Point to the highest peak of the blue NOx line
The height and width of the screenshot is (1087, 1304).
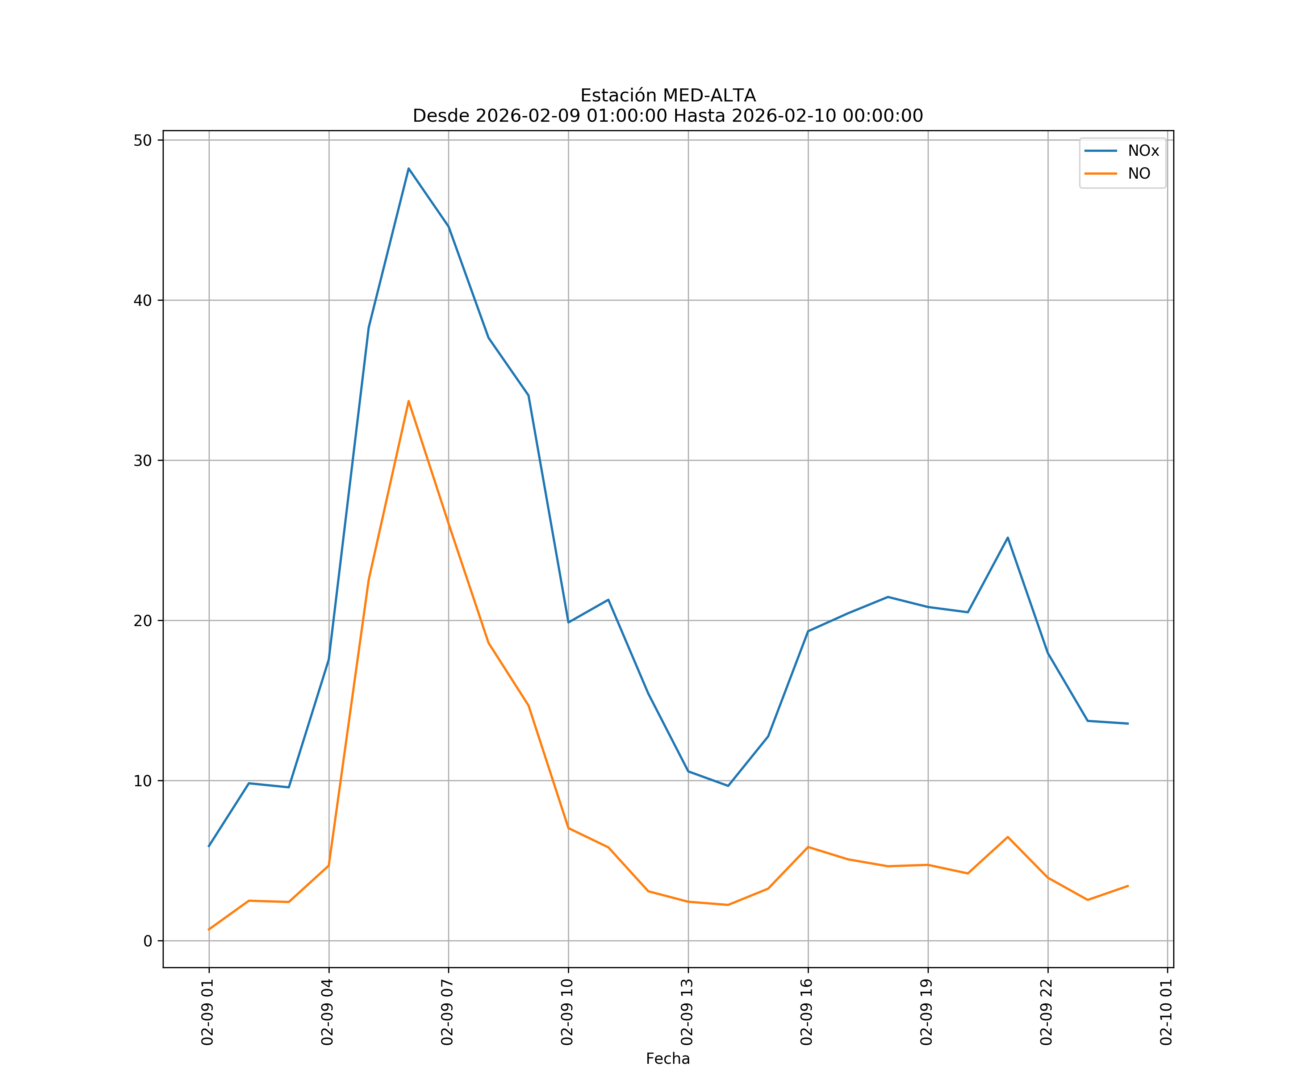(x=409, y=168)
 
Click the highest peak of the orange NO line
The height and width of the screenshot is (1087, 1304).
(x=409, y=401)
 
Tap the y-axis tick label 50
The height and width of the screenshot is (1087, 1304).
(x=143, y=140)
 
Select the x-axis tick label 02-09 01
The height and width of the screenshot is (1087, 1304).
(x=208, y=1012)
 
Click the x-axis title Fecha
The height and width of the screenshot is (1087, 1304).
(x=668, y=1058)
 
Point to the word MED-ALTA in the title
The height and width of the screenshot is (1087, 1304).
(x=709, y=96)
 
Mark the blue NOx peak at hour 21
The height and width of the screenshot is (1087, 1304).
(x=1008, y=537)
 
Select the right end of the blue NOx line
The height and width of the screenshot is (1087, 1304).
(x=1128, y=724)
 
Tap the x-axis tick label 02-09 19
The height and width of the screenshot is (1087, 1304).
(x=927, y=1012)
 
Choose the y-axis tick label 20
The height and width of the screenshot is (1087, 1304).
(x=143, y=621)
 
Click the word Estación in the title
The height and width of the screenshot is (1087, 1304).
(x=618, y=96)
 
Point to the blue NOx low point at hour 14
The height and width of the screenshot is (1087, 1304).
(x=728, y=786)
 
